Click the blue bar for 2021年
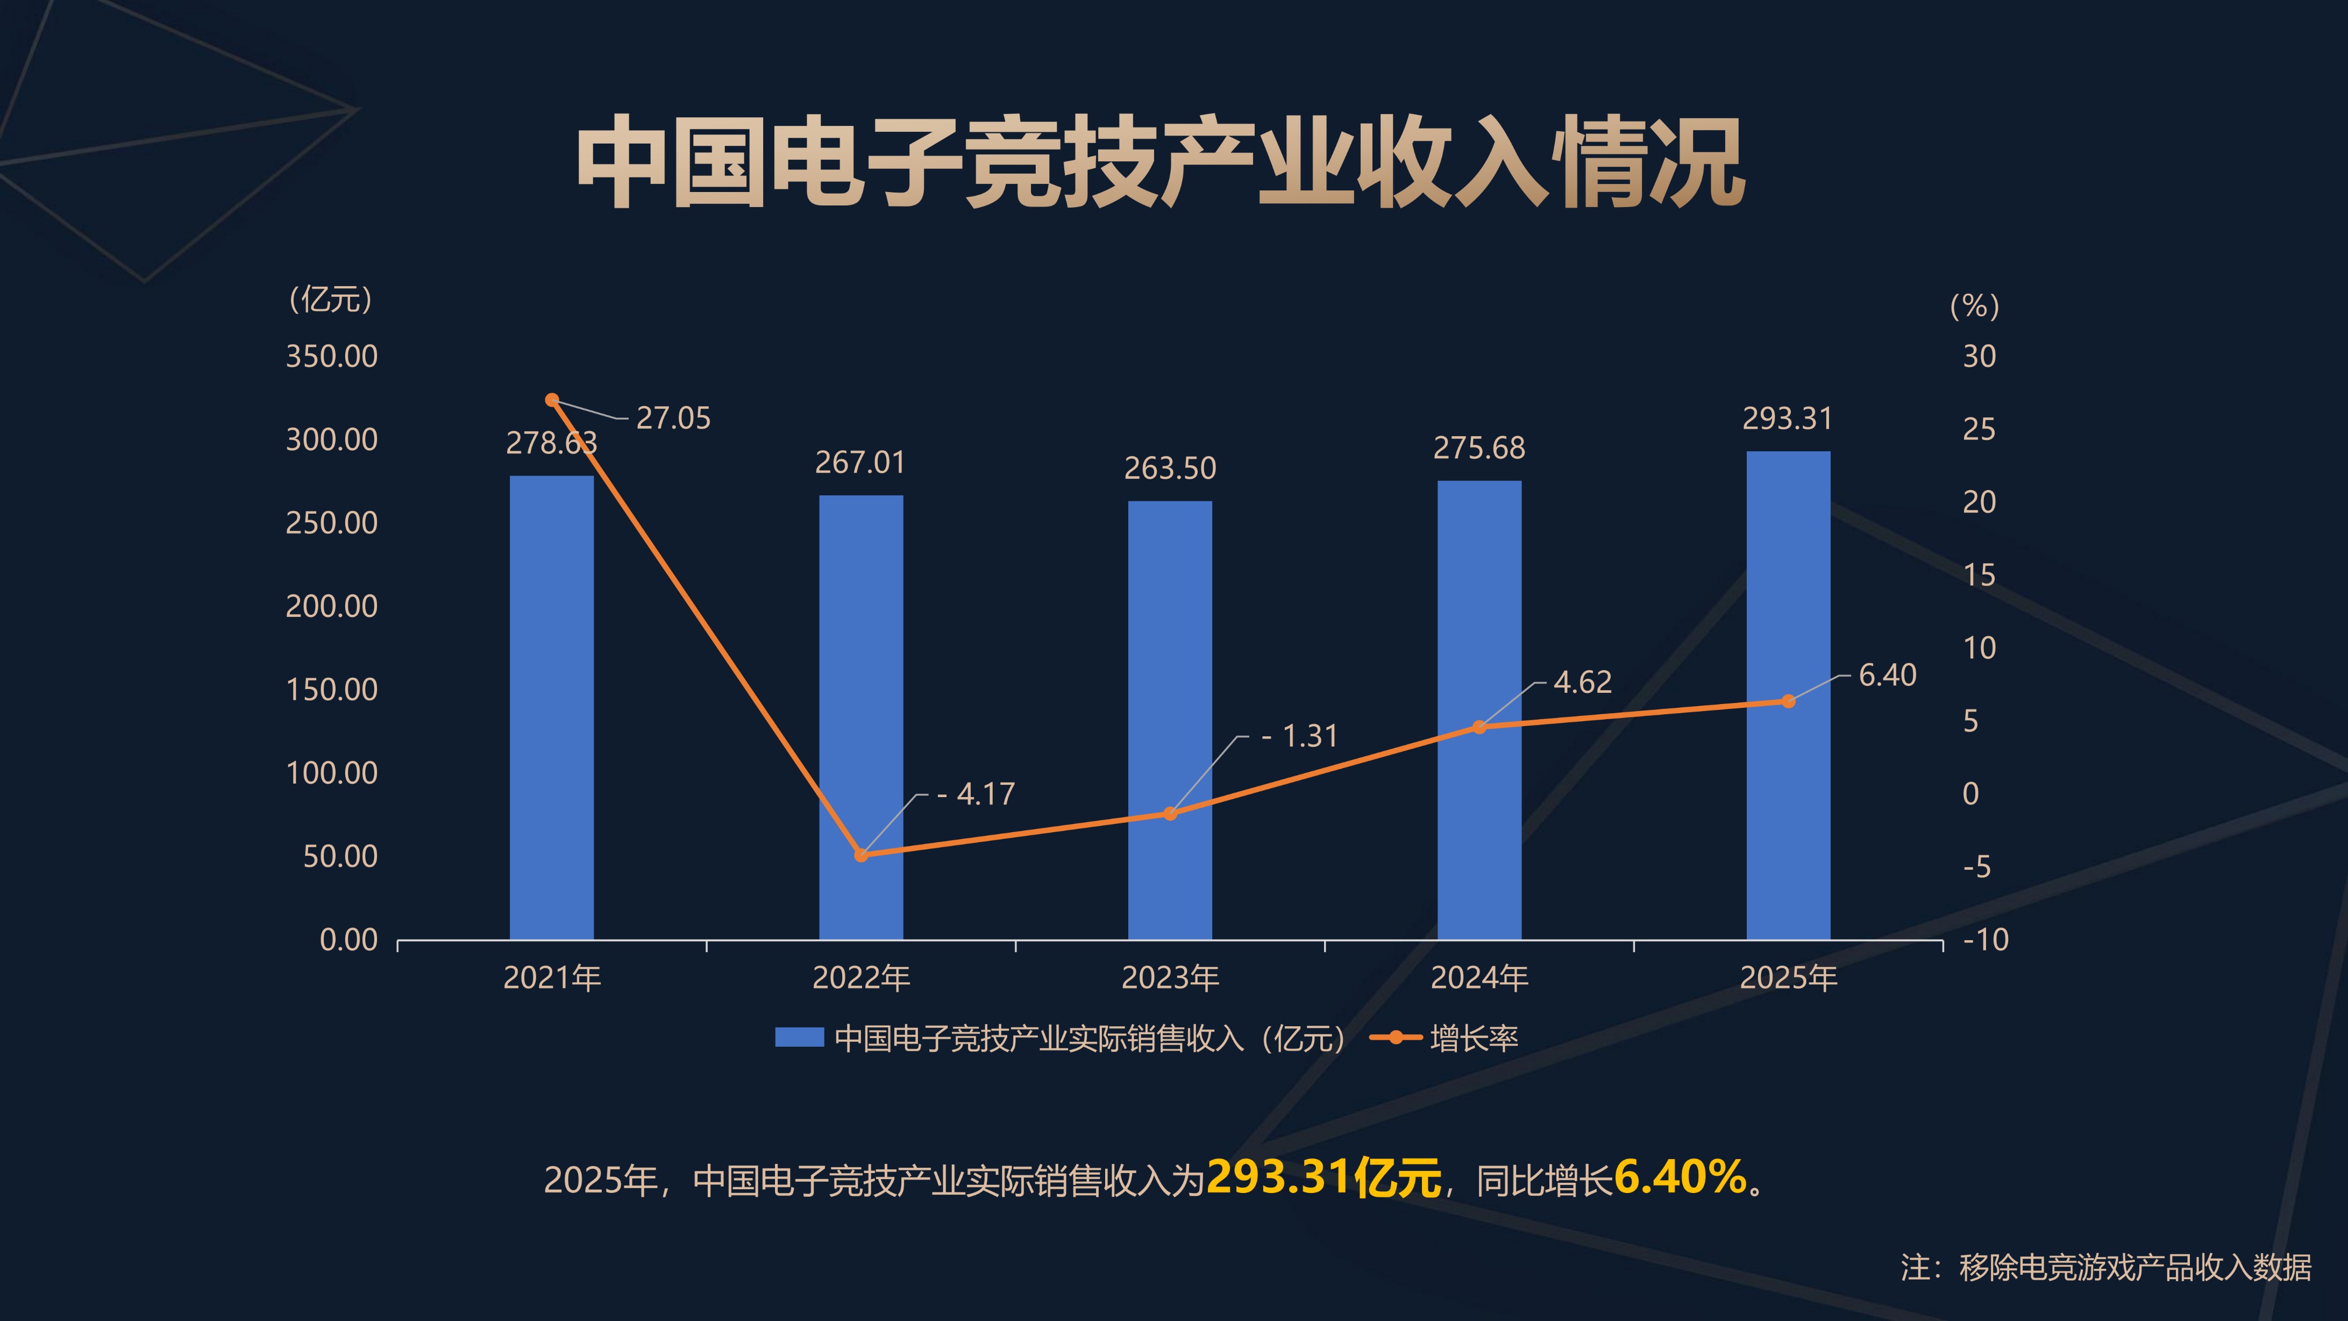551,707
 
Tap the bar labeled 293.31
1788,695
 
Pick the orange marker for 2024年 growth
1479,727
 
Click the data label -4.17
976,794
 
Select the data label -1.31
1300,736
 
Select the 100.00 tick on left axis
332,773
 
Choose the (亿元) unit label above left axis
331,299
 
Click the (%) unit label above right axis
1974,306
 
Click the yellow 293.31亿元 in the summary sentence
1324,1178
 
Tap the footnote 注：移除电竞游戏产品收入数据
2105,1267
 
